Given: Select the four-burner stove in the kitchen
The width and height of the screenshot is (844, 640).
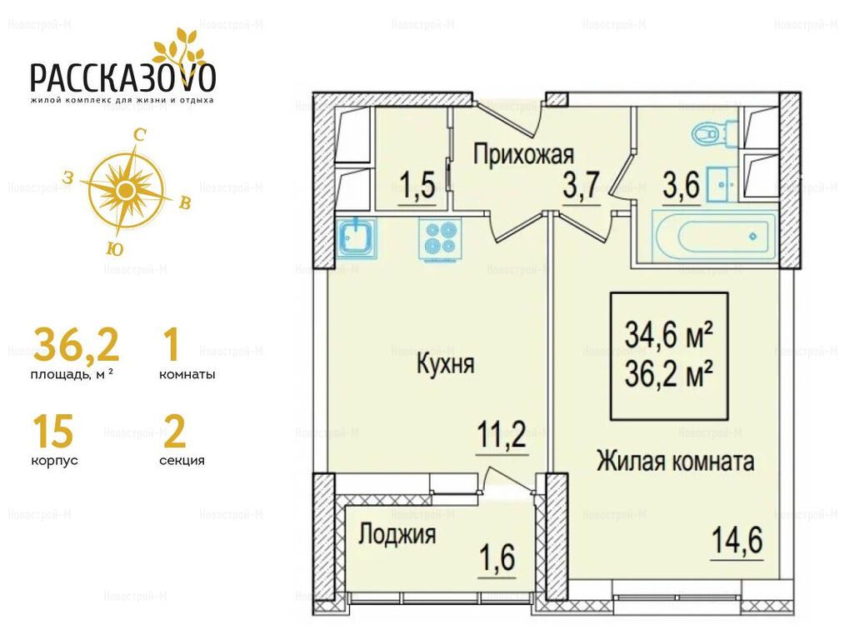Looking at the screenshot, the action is click(440, 238).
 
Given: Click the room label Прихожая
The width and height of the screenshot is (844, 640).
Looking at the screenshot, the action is click(524, 154).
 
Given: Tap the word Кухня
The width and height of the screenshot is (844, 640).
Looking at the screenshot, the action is click(446, 364).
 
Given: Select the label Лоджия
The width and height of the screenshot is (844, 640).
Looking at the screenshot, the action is click(397, 535).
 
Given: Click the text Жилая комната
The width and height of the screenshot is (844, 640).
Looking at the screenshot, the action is click(675, 462).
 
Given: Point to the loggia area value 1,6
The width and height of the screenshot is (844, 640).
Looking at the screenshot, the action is click(497, 557).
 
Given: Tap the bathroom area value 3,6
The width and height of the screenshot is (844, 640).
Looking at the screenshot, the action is click(682, 186).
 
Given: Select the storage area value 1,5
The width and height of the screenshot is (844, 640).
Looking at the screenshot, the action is click(417, 186).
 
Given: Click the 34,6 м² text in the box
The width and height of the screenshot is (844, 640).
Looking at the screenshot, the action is click(669, 335).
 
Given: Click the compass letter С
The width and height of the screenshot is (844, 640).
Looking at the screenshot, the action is click(140, 135).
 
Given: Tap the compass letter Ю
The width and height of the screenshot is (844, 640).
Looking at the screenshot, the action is click(115, 248).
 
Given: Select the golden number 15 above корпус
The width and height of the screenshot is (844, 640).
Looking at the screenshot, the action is click(52, 432).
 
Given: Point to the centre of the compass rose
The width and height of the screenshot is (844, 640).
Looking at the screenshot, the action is click(126, 189).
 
